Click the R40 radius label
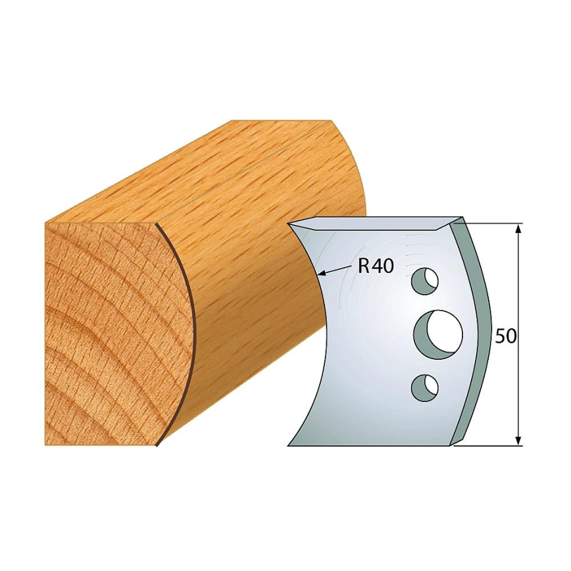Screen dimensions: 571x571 click(376, 266)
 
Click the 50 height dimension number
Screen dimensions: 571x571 click(506, 337)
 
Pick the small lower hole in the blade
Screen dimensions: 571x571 click(424, 387)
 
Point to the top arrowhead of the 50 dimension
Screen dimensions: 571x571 click(519, 230)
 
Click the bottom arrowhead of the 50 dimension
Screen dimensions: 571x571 click(519, 439)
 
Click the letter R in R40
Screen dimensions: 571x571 click(362, 266)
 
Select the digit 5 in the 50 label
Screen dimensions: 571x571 click(501, 337)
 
